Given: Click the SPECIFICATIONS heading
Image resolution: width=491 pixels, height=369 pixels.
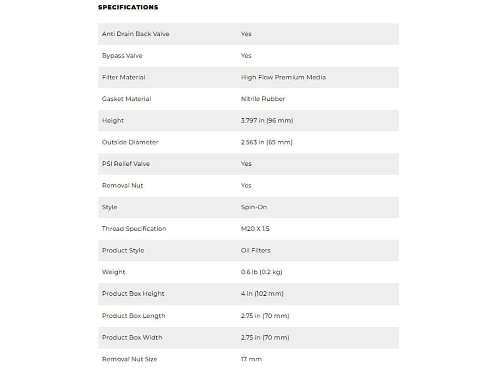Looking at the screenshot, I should [x=128, y=7].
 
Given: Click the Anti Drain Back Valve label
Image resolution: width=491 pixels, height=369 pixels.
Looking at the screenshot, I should [x=136, y=34].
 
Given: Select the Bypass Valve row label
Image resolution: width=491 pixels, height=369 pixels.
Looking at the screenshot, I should [x=122, y=56].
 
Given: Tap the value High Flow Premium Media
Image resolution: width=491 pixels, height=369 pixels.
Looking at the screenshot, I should [x=283, y=77].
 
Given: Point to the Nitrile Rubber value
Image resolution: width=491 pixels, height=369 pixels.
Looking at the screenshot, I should [x=263, y=99].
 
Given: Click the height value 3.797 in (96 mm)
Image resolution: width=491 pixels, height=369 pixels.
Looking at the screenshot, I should [x=267, y=121].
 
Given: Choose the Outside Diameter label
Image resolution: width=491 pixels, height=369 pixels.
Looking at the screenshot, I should [x=130, y=142].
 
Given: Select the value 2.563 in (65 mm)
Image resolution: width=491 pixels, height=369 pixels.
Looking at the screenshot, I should [x=267, y=142].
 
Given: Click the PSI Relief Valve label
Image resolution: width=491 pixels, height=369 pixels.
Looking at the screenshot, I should [x=126, y=164].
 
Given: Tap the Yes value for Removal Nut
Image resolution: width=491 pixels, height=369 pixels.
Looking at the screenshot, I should [x=246, y=185].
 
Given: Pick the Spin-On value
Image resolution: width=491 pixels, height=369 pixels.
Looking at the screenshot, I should [x=254, y=207].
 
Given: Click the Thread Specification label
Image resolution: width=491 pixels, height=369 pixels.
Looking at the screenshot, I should [x=134, y=229].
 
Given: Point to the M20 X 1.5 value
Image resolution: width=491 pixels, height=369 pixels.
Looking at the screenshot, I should [x=255, y=229].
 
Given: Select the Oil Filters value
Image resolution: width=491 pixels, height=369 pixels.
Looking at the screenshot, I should [x=256, y=250].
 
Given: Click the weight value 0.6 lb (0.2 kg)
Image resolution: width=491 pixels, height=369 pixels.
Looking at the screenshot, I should [x=262, y=272].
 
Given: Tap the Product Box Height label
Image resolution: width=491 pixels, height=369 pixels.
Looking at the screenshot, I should [x=133, y=294].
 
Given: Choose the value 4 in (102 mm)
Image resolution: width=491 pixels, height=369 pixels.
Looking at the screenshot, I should [x=262, y=294].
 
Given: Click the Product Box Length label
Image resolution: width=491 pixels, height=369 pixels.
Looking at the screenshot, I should [x=134, y=316].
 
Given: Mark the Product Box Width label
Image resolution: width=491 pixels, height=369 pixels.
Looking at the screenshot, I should [x=132, y=338].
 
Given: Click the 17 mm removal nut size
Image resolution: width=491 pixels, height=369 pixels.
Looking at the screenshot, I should [x=251, y=359].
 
